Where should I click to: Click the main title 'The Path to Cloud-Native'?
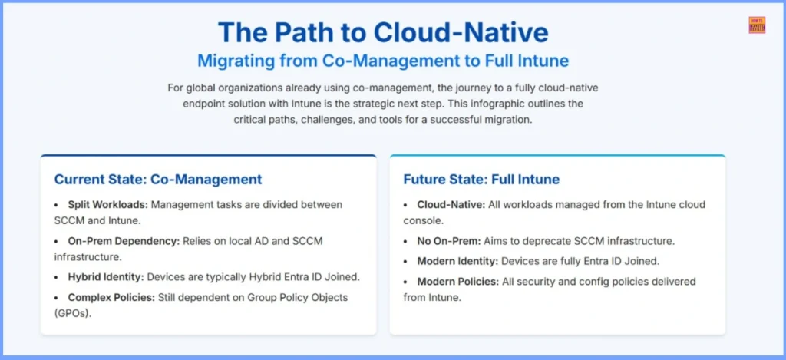point(382,32)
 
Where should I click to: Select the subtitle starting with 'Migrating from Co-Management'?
point(382,60)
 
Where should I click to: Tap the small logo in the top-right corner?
point(756,25)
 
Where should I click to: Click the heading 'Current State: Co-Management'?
point(157,180)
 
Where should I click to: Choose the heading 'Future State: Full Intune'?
point(481,180)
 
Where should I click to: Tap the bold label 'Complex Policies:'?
point(107,297)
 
